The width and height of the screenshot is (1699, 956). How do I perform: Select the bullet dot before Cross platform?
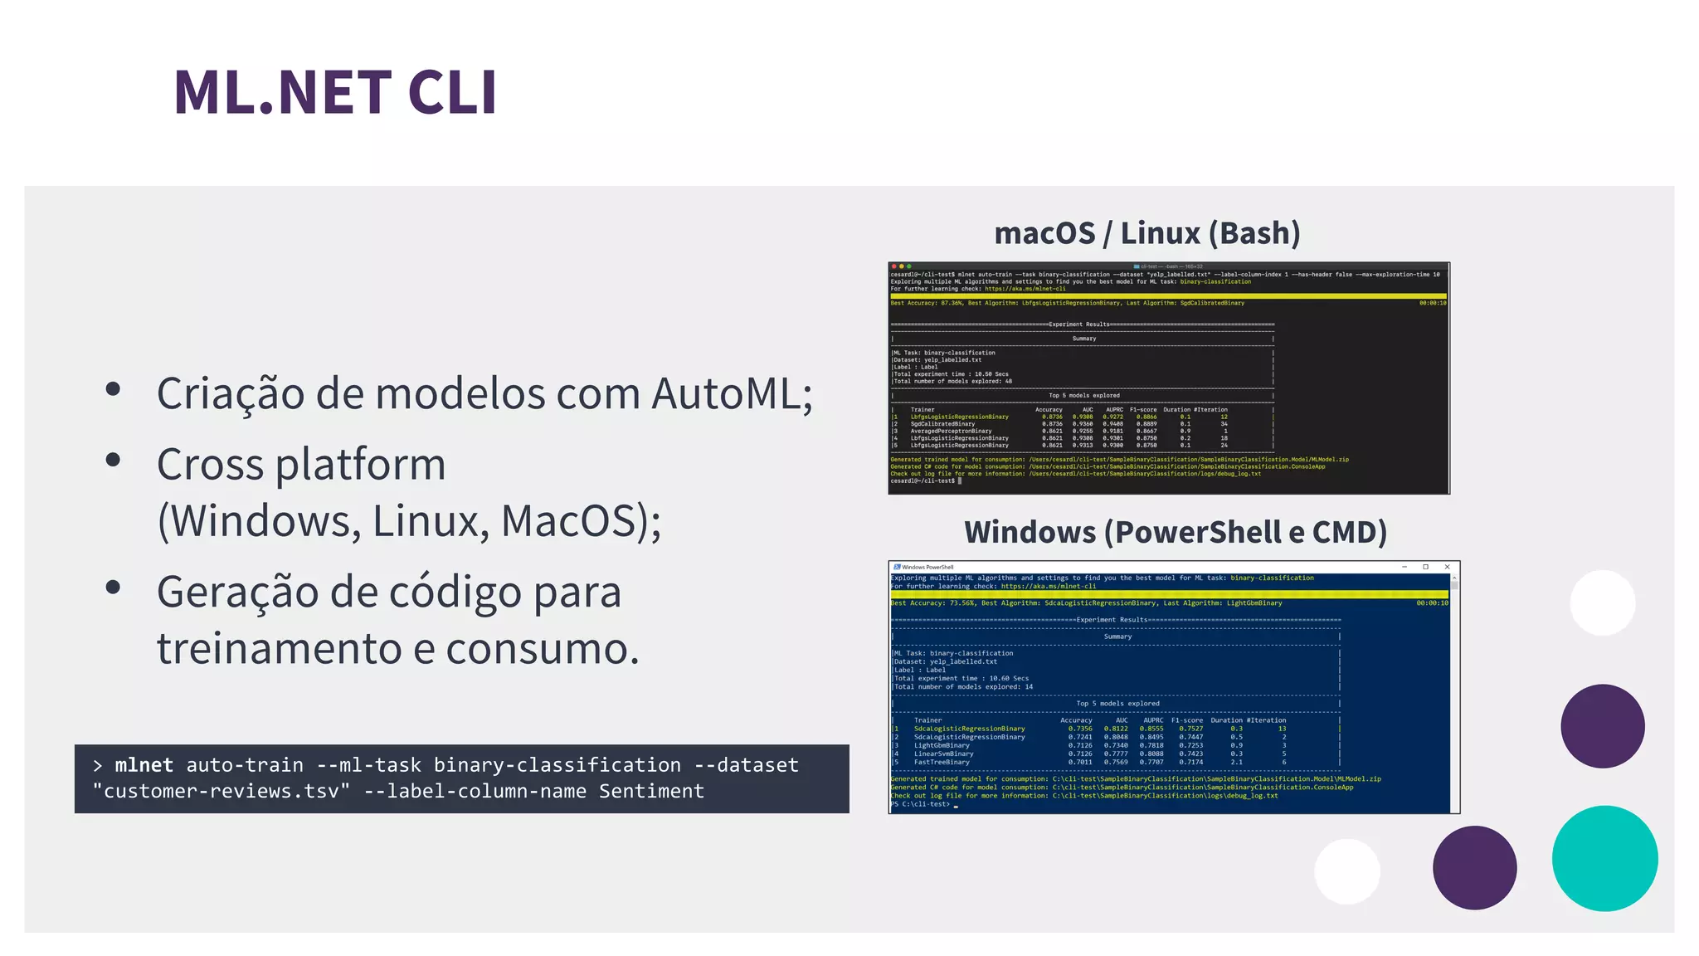114,460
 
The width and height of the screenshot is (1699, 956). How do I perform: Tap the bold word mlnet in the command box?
144,765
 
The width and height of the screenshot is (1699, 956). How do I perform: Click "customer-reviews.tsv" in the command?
222,792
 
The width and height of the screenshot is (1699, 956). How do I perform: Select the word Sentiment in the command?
651,792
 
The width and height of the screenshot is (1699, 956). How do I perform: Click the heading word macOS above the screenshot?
1044,233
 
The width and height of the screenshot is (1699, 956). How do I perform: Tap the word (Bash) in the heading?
1254,233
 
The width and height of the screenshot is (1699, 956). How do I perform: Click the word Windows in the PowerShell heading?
1030,532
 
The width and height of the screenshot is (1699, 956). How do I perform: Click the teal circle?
1604,859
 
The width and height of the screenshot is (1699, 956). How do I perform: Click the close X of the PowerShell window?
1447,567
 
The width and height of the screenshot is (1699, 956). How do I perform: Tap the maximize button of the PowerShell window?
1425,567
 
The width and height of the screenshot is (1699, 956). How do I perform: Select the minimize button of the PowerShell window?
1404,567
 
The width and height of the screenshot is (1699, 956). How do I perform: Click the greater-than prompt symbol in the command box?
98,765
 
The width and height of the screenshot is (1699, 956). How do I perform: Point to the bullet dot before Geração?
114,588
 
